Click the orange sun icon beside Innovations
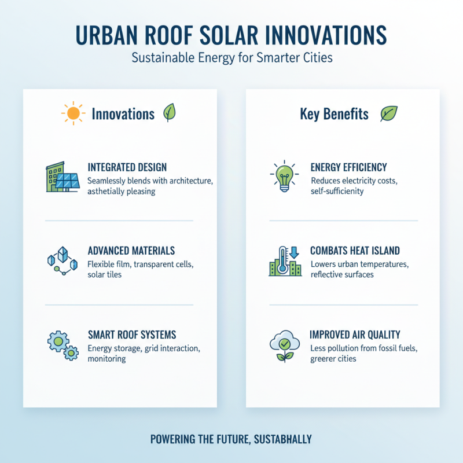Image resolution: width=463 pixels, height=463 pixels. point(73,113)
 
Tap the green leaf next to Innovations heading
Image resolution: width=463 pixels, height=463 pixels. point(170,112)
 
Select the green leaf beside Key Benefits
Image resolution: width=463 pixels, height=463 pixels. point(388,113)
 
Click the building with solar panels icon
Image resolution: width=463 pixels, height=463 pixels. point(63,177)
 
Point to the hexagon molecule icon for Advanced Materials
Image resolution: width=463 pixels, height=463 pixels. point(61,260)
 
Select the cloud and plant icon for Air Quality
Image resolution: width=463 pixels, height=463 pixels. point(285,345)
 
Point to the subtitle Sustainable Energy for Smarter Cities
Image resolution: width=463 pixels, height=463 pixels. point(231,58)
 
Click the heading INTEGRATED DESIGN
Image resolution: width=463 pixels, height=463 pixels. point(127,167)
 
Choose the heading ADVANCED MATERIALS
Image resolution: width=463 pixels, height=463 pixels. point(131,251)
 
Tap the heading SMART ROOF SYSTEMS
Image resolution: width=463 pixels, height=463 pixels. point(132,335)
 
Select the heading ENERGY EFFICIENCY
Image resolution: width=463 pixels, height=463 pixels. point(348,167)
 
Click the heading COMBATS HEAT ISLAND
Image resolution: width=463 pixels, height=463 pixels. point(355,251)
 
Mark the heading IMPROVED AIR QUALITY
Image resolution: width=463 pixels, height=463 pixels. point(355,335)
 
